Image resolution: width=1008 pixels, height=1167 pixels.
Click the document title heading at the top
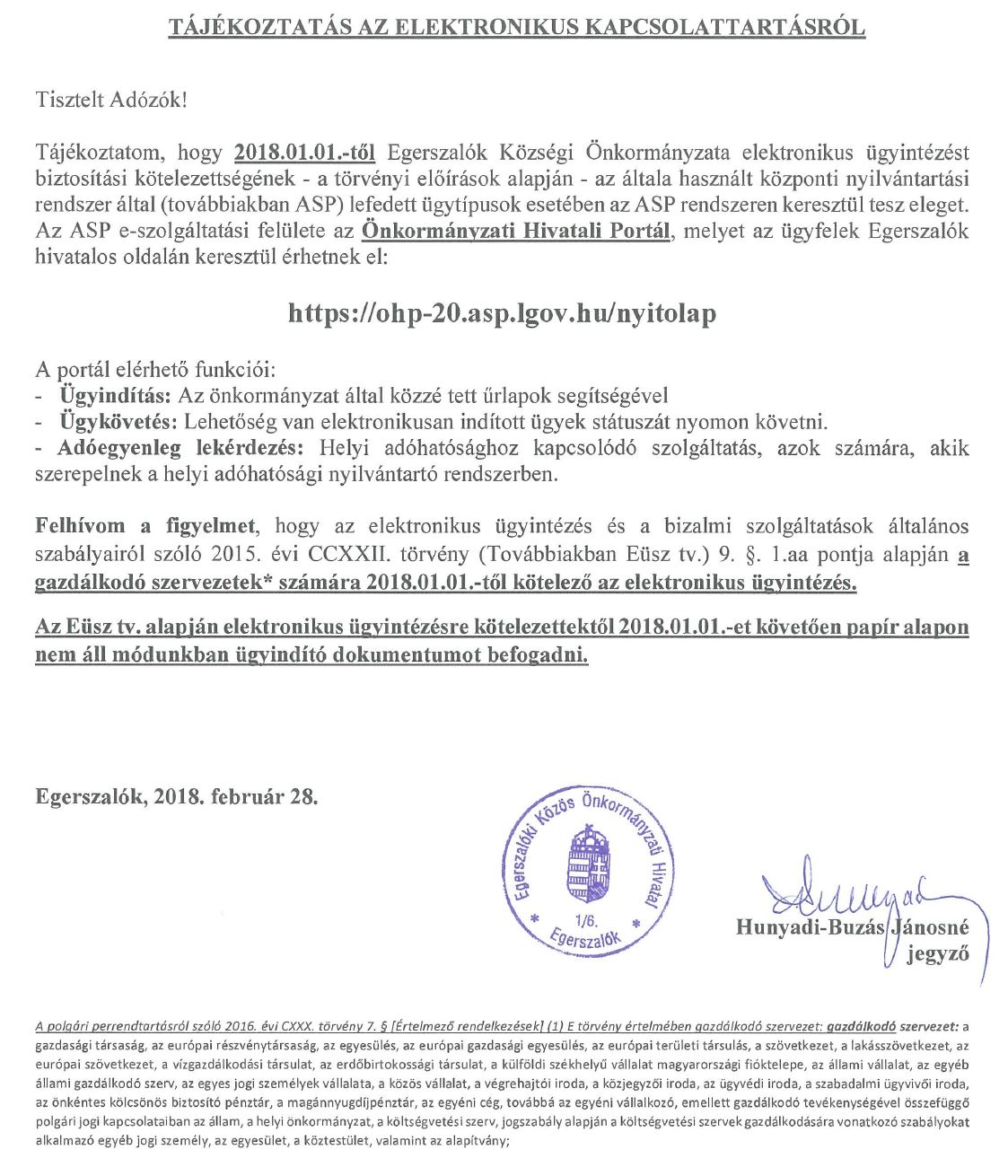[517, 27]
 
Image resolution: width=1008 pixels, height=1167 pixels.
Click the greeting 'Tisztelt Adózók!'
[112, 99]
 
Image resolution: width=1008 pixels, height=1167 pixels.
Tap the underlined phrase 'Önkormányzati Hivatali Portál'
[516, 231]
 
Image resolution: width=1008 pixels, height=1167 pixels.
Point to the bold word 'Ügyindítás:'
[117, 395]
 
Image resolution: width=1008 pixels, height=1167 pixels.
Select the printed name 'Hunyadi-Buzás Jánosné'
[852, 926]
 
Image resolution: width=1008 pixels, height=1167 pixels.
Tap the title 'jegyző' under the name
[937, 953]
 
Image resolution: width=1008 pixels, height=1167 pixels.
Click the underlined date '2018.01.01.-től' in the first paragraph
[305, 151]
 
